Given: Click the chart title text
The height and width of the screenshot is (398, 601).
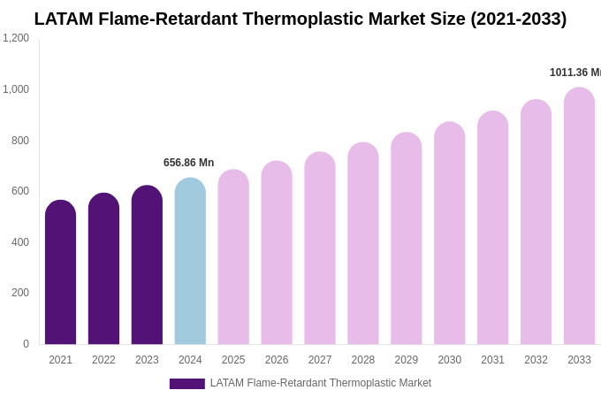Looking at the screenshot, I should click(300, 19).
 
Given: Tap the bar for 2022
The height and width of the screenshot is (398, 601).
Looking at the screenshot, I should click(103, 269).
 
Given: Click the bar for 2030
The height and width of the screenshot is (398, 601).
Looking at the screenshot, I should click(449, 233).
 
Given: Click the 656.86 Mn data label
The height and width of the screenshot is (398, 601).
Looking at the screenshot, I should click(188, 163).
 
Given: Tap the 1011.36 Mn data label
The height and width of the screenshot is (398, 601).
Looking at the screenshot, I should click(575, 73).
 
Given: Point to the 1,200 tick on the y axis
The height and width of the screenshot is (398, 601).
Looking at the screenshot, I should click(16, 38).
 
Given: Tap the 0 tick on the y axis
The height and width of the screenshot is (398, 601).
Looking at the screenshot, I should click(26, 344).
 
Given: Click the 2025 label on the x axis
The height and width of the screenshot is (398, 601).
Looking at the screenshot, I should click(233, 360).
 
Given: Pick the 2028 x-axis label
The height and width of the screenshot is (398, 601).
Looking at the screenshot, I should click(363, 360).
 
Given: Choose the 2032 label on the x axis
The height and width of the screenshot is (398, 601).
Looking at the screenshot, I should click(536, 360).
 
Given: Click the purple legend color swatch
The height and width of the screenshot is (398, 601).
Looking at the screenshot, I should click(186, 384).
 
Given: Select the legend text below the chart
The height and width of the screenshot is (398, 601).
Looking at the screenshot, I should click(321, 383).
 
